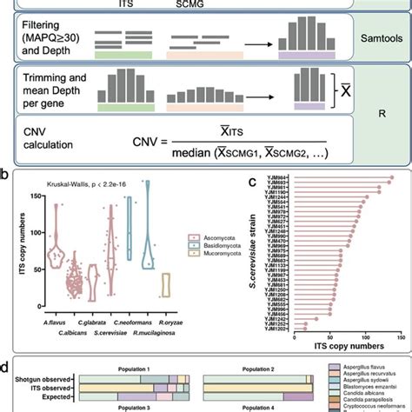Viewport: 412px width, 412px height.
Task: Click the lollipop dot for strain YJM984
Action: (x=390, y=178)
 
